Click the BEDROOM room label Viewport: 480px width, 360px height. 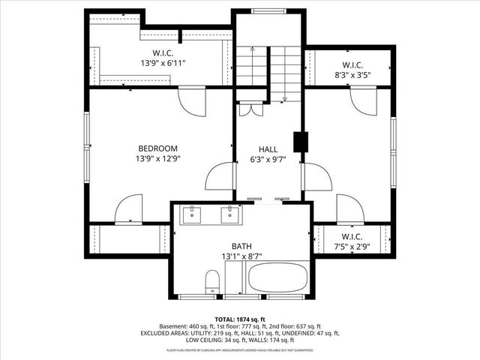pyautogui.click(x=157, y=148)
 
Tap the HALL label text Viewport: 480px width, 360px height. pyautogui.click(x=268, y=148)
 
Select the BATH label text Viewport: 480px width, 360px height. pyautogui.click(x=241, y=246)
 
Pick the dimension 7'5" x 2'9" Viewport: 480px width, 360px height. pyautogui.click(x=351, y=246)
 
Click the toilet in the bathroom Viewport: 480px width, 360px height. pyautogui.click(x=212, y=282)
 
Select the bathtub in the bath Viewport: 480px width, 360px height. pyautogui.click(x=277, y=278)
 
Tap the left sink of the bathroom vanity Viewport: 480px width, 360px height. pyautogui.click(x=193, y=214)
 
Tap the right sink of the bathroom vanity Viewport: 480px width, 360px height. pyautogui.click(x=229, y=214)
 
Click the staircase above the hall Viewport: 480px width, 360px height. pyautogui.click(x=268, y=71)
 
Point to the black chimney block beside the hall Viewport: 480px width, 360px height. pyautogui.click(x=301, y=142)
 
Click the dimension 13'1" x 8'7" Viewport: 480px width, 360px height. pyautogui.click(x=241, y=256)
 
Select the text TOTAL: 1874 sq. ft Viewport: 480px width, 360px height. pyautogui.click(x=241, y=318)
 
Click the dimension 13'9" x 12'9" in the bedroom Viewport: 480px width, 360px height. pyautogui.click(x=157, y=159)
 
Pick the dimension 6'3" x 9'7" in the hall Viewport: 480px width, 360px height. pyautogui.click(x=268, y=159)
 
